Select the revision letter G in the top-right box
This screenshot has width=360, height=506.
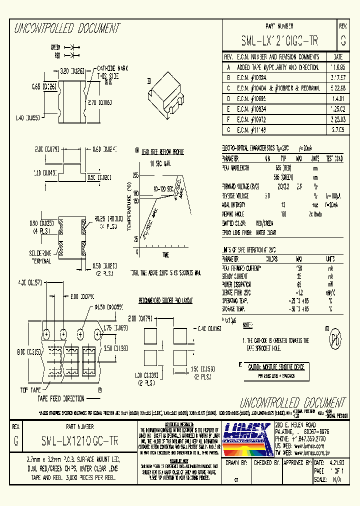pyautogui.click(x=343, y=40)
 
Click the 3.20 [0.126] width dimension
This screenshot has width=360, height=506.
pyautogui.click(x=72, y=71)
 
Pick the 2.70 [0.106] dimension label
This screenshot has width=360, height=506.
pyautogui.click(x=99, y=102)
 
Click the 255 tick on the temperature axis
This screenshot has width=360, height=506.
pyautogui.click(x=135, y=175)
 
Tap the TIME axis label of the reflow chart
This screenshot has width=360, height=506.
pyautogui.click(x=165, y=255)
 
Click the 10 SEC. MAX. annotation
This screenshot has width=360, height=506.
pyautogui.click(x=160, y=163)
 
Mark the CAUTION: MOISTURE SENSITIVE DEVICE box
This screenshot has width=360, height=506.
pyautogui.click(x=276, y=367)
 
